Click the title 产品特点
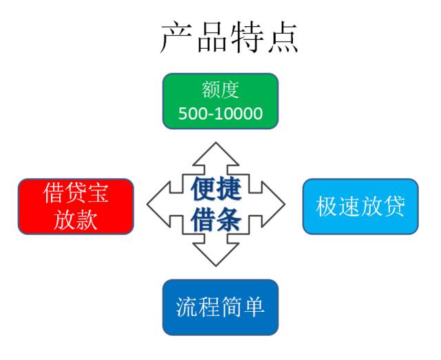click(x=229, y=37)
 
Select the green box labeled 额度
click(x=220, y=101)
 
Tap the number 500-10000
click(x=220, y=114)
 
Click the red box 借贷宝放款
click(x=75, y=206)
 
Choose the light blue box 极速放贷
click(x=360, y=206)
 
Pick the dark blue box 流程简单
click(x=220, y=307)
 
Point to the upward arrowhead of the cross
click(x=216, y=153)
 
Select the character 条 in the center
click(x=231, y=221)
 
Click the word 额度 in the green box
click(x=220, y=90)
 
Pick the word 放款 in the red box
click(x=75, y=220)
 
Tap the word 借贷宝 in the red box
click(x=75, y=193)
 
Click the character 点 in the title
click(x=283, y=37)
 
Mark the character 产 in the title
click(x=176, y=37)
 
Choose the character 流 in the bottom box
click(x=187, y=307)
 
